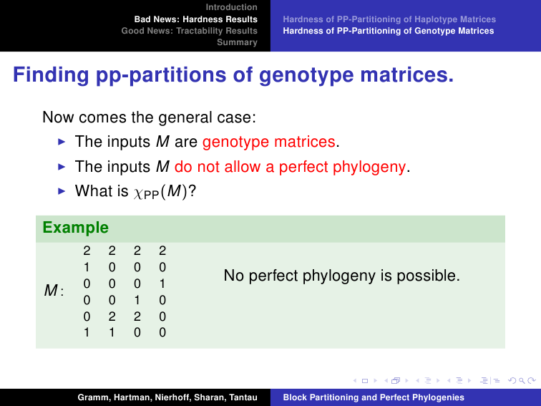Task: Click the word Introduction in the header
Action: (232, 7)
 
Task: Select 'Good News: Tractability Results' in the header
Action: (190, 31)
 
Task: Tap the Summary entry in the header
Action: (237, 42)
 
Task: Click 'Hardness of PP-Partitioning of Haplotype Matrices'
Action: (389, 19)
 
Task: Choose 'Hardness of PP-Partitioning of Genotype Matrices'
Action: (389, 31)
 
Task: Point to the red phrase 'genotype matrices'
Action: (269, 142)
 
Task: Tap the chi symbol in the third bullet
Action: (138, 193)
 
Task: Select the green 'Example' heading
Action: (76, 228)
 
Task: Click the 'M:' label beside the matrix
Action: (54, 290)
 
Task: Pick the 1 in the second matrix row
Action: (87, 267)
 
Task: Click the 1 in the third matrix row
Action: (162, 284)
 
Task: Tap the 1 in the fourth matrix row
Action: (137, 300)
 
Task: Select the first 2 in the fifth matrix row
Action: (112, 316)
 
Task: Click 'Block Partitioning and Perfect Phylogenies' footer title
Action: (374, 397)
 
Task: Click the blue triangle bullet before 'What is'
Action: (62, 191)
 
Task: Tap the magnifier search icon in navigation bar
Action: (522, 380)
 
